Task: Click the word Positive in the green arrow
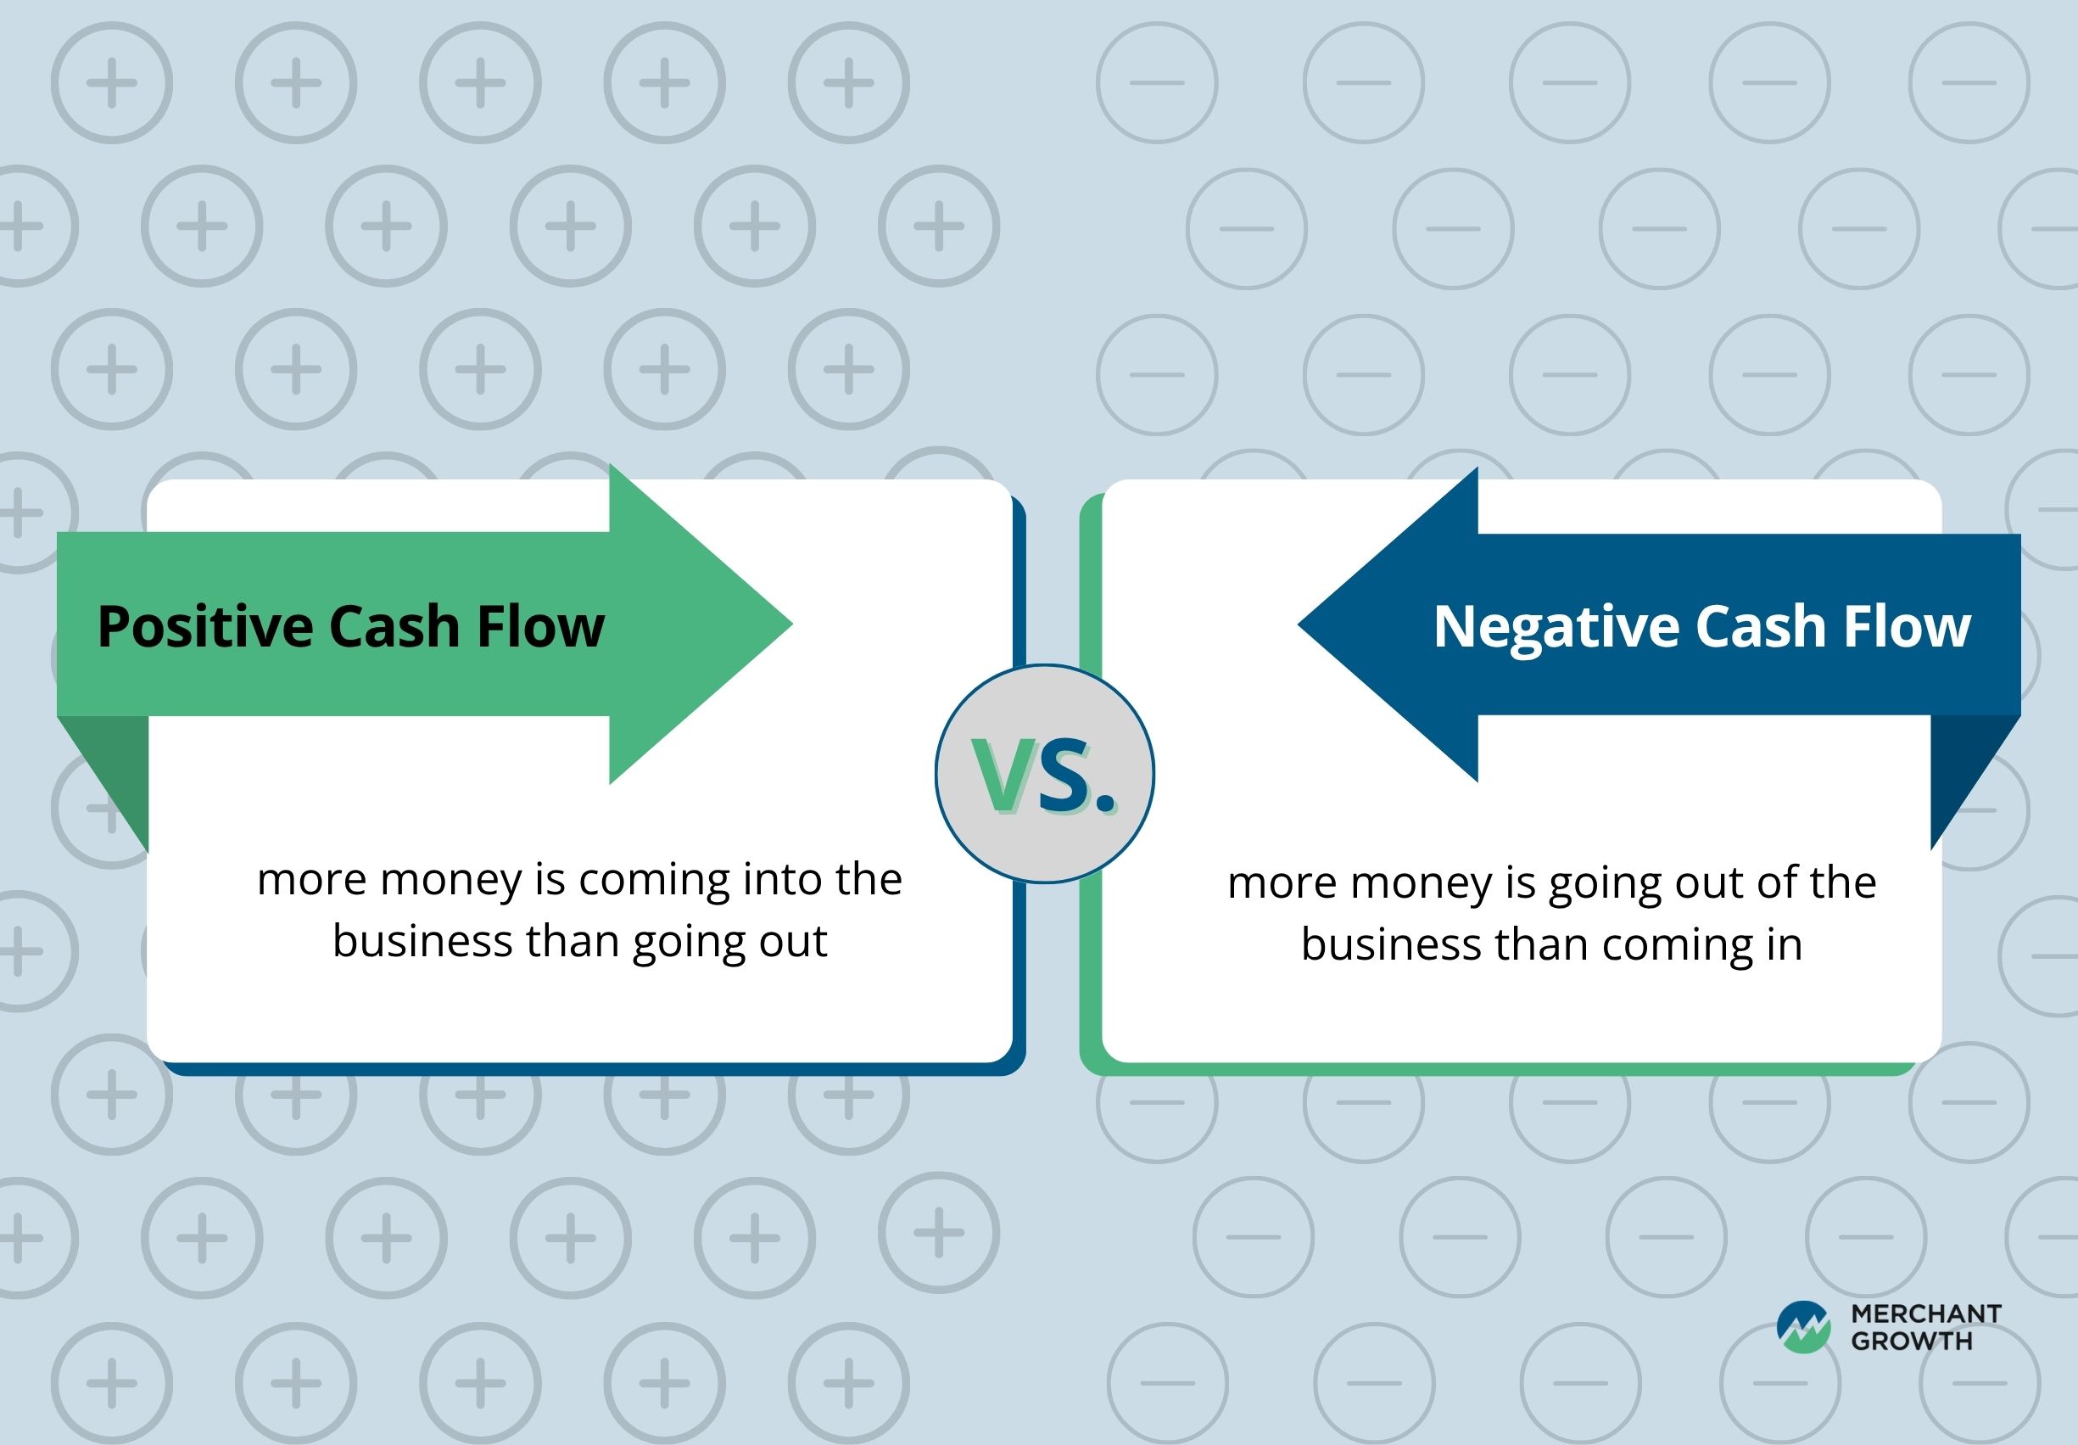click(205, 626)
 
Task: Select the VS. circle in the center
click(1044, 773)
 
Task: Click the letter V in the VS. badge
click(1002, 775)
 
